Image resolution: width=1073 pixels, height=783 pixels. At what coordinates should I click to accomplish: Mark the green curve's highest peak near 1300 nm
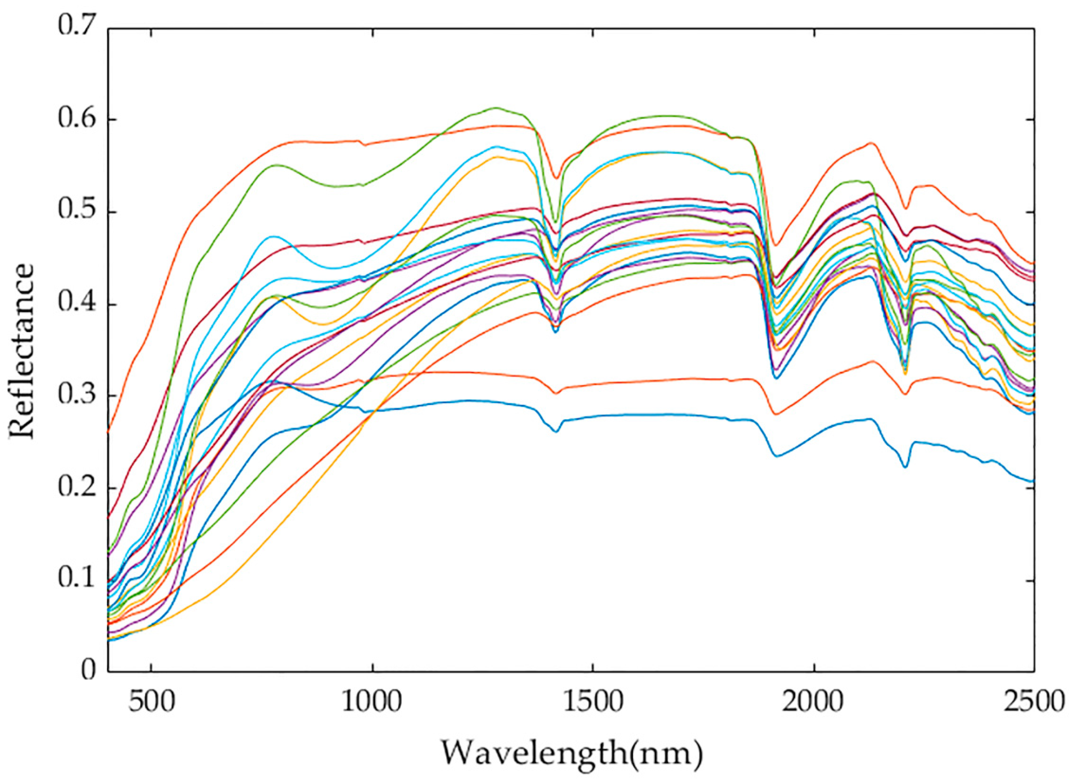496,108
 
